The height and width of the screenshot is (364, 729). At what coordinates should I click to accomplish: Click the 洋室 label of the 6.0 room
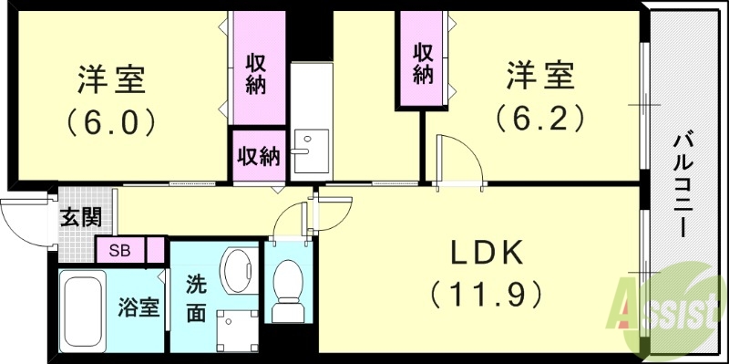pyautogui.click(x=111, y=79)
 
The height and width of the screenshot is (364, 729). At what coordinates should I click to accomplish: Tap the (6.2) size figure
pyautogui.click(x=539, y=117)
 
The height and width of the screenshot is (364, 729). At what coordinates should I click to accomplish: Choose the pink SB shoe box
pyautogui.click(x=119, y=249)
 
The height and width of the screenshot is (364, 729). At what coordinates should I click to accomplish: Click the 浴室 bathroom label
pyautogui.click(x=139, y=307)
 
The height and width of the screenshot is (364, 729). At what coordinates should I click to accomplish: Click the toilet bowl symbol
pyautogui.click(x=290, y=289)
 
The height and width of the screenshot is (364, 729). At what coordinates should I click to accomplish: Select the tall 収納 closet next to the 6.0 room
pyautogui.click(x=256, y=72)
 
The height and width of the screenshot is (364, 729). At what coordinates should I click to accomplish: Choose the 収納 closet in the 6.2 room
pyautogui.click(x=420, y=61)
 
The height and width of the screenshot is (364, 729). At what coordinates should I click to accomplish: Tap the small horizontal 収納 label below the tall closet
pyautogui.click(x=258, y=156)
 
